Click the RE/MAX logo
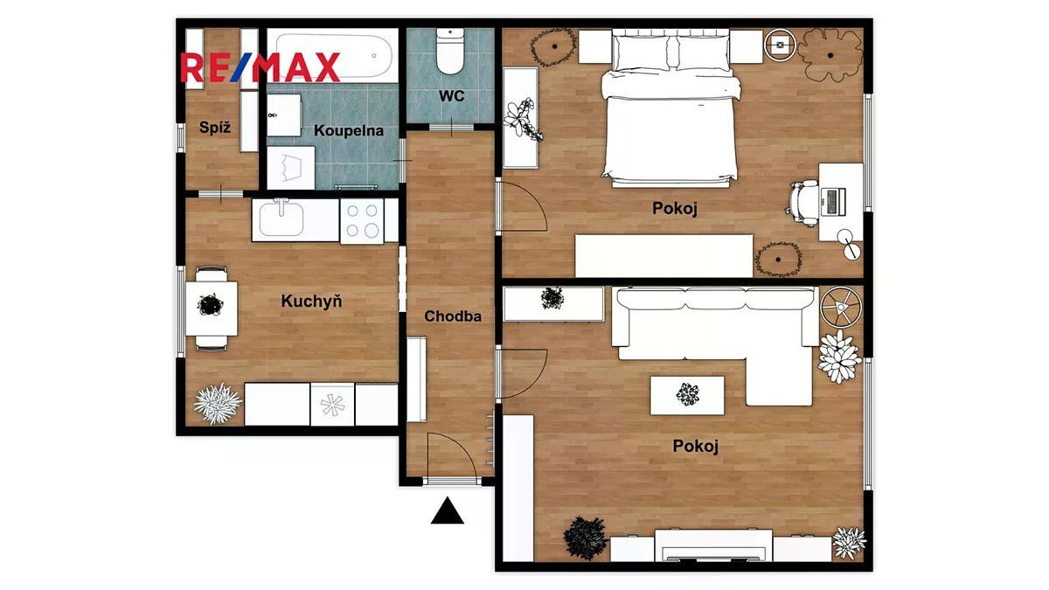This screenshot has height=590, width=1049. click(260, 67)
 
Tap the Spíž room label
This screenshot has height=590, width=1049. click(215, 128)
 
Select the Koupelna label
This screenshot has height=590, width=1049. click(349, 130)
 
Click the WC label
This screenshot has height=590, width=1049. click(451, 96)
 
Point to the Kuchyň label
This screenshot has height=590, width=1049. click(311, 301)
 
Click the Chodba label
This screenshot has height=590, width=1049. click(453, 316)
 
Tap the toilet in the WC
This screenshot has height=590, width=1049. click(450, 51)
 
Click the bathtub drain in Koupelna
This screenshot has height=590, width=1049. click(374, 56)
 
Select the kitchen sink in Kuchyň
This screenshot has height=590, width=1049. click(281, 219)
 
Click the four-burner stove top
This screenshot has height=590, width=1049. click(362, 221)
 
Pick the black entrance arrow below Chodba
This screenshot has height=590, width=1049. click(448, 510)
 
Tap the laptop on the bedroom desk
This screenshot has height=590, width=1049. click(833, 202)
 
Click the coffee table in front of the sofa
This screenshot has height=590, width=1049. click(687, 395)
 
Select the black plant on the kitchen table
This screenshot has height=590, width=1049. click(210, 305)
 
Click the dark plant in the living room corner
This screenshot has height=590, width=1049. click(586, 538)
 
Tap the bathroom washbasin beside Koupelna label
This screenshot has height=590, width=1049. click(284, 115)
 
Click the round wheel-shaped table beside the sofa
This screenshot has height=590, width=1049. click(841, 308)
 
